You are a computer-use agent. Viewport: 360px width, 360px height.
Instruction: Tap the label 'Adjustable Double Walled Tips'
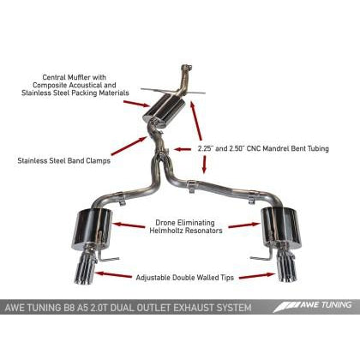coord(183,277)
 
